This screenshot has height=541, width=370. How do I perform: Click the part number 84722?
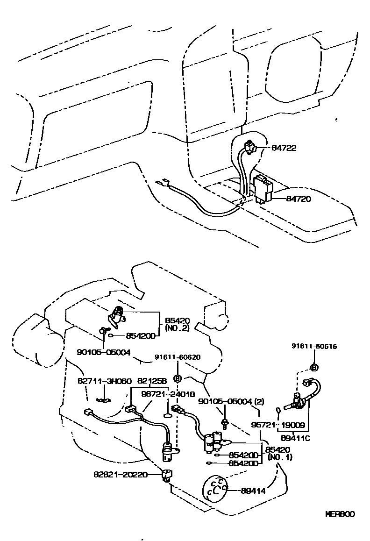coord(285,148)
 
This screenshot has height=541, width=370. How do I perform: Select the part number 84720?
coord(285,199)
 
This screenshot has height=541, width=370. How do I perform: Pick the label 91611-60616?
coord(314,346)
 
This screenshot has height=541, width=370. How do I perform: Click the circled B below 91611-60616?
coord(314,367)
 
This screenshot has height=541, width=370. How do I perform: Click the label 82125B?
coord(149,381)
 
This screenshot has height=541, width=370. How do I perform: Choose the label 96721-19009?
coord(278,426)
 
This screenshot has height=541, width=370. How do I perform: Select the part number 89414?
coord(253,491)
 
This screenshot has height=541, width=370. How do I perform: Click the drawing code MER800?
coord(340,514)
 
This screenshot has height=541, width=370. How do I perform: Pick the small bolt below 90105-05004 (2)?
coord(225,423)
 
